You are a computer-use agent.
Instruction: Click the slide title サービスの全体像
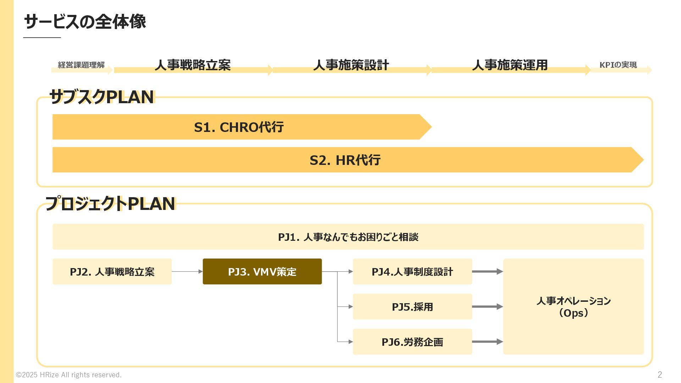pos(85,22)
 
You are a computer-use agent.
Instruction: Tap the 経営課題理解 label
pos(81,65)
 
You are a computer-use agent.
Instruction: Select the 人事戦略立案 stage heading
pos(193,65)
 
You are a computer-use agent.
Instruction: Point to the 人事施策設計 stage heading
pos(351,65)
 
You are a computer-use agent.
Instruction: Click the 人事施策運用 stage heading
pos(510,65)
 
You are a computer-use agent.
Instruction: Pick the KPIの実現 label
pos(618,65)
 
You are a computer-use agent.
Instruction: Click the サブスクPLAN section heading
pos(102,97)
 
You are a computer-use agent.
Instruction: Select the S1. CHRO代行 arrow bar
pos(239,127)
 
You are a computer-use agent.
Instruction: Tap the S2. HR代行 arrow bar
pos(345,160)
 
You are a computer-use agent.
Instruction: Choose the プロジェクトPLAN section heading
pos(110,204)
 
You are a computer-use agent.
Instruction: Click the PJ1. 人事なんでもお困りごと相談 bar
pos(348,237)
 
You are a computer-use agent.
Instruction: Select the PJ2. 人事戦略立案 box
pos(112,272)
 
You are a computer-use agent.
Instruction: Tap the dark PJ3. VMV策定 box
pos(262,272)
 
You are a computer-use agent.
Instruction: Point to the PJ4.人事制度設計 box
pos(412,272)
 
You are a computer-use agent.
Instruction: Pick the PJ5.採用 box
pos(412,307)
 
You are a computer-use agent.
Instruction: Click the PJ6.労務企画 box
pos(412,342)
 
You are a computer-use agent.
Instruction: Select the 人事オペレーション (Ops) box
pos(573,307)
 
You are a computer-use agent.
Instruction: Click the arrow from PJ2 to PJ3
pos(187,272)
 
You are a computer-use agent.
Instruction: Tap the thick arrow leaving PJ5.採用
pos(487,307)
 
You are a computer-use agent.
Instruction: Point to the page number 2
pos(660,374)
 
